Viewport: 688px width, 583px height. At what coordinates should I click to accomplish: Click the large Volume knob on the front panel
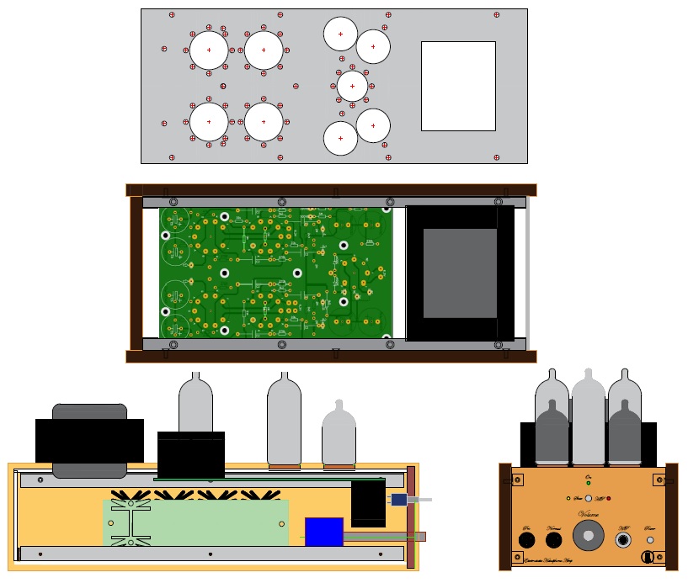587,534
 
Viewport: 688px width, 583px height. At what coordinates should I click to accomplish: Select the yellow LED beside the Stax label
569,498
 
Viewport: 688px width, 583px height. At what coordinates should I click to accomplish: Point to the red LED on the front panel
608,498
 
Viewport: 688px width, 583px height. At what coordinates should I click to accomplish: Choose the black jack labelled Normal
554,540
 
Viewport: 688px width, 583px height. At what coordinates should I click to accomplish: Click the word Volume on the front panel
588,514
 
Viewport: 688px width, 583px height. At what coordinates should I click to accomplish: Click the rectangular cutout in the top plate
458,86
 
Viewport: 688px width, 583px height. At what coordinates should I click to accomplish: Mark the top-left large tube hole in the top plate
209,50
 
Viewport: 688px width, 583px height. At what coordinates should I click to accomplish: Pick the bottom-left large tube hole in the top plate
209,122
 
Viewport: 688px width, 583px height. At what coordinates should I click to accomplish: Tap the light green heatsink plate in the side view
195,522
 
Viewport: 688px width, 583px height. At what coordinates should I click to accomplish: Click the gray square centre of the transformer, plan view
460,273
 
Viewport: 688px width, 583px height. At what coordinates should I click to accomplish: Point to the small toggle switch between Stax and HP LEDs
588,498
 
